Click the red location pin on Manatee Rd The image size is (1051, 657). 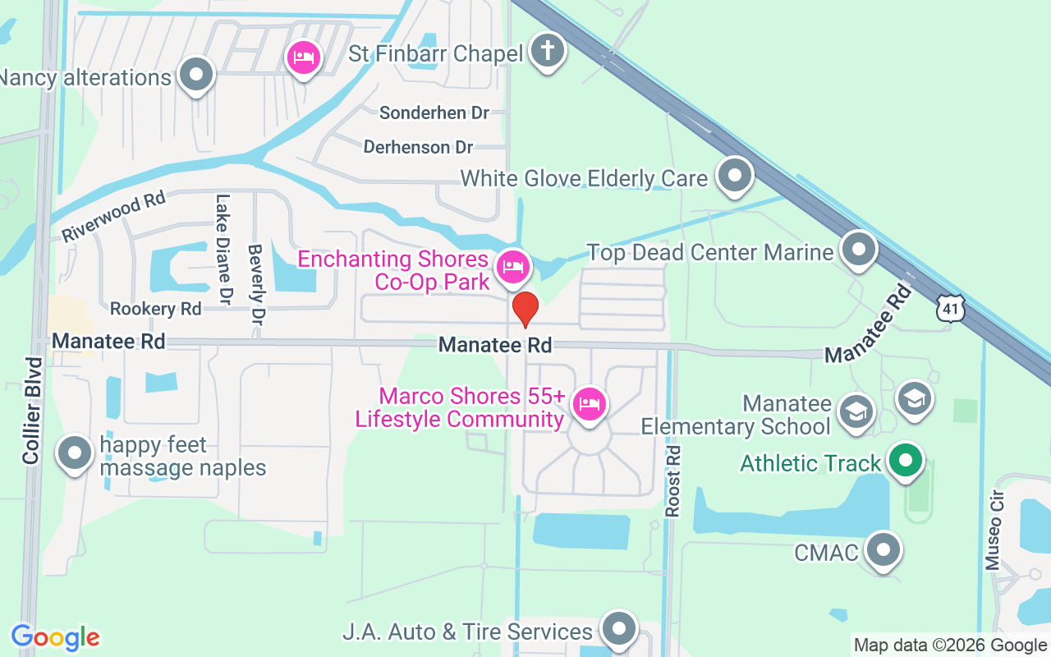525,310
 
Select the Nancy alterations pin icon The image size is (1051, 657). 195,75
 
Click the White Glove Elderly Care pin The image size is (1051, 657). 734,175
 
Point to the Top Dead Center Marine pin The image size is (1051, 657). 859,249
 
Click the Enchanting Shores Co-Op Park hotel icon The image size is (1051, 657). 514,266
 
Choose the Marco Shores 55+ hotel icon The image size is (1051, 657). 590,404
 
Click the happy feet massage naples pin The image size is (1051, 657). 76,453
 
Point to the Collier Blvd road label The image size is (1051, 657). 32,411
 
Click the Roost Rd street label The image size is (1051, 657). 673,481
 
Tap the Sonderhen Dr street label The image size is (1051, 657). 434,113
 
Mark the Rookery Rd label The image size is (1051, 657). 156,309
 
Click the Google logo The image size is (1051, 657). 55,637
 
